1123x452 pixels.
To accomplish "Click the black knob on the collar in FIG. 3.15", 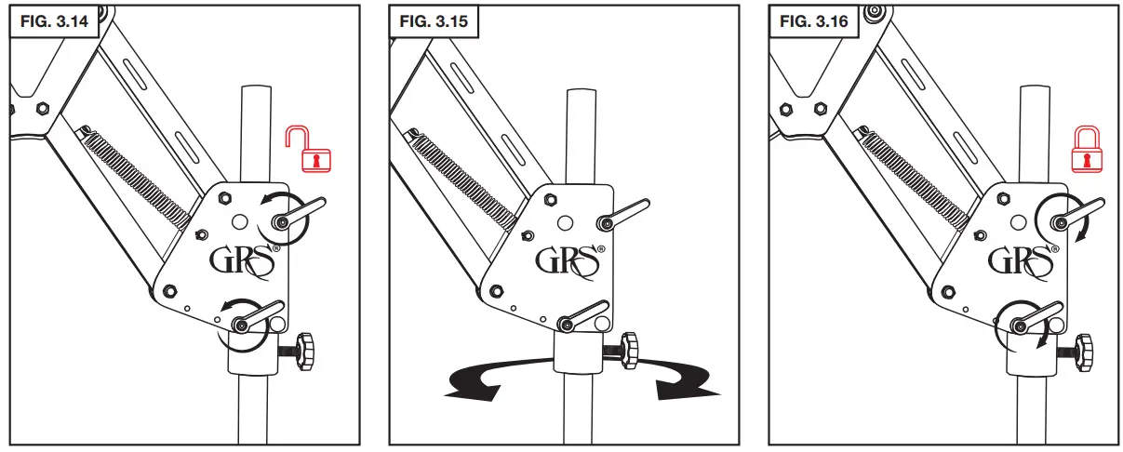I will pos(629,351).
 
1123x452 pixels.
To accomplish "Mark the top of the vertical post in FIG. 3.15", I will pos(582,93).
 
